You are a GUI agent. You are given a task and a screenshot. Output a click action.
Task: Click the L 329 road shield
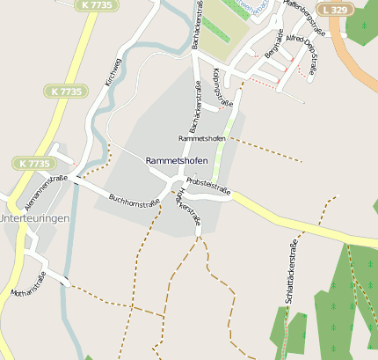click(334, 9)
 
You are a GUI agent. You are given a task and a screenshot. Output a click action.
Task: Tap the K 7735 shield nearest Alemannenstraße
click(33, 164)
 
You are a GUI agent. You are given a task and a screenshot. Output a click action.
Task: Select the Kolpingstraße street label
click(223, 88)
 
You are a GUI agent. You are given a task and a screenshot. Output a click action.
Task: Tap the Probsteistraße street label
click(208, 190)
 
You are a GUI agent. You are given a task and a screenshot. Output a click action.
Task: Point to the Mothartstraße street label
click(27, 279)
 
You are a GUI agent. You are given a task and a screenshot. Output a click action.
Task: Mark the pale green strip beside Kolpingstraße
click(227, 132)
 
